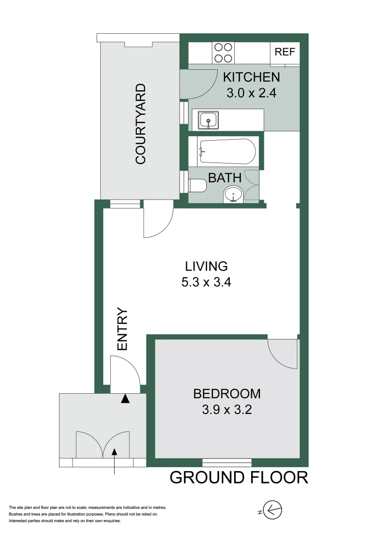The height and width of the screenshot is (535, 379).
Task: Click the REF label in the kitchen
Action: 285,52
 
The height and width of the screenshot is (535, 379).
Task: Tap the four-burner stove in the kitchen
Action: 223,53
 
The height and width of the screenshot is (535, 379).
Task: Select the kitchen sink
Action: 207,119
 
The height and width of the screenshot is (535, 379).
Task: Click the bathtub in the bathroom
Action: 227,152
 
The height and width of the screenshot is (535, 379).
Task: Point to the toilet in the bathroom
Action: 197,186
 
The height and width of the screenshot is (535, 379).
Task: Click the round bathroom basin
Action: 233,194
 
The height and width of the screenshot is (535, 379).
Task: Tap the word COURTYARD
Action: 141,124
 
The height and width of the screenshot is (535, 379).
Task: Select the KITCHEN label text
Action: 251,77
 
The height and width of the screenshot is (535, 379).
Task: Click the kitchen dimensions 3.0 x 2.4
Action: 251,93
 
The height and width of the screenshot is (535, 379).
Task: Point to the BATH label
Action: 225,178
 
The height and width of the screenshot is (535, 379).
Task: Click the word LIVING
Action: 207,266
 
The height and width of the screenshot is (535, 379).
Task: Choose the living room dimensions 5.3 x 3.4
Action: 207,283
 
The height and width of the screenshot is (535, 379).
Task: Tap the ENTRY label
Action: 122,329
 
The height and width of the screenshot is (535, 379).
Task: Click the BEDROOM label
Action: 227,394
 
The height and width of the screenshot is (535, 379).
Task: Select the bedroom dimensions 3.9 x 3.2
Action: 227,410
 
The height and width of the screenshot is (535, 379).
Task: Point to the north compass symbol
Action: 272,509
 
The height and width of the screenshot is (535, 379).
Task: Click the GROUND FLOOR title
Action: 239,478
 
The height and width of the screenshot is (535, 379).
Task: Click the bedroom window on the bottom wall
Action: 227,463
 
